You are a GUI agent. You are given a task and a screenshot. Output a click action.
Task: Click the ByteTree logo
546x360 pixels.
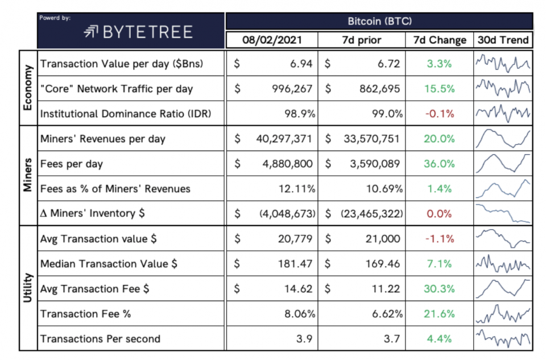139,32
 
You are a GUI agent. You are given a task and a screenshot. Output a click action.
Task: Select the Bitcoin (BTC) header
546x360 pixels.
379,21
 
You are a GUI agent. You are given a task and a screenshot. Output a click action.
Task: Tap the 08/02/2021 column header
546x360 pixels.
272,40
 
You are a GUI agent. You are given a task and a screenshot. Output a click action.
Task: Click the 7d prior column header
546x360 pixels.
362,40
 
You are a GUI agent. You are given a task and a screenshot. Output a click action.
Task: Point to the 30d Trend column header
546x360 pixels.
503,40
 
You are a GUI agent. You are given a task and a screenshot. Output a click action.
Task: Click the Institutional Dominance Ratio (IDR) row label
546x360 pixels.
126,114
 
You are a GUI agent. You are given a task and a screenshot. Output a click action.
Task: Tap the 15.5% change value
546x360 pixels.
440,89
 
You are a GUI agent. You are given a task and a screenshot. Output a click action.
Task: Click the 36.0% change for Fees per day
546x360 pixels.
440,164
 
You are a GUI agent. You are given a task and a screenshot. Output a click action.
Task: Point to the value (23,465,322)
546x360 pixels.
373,214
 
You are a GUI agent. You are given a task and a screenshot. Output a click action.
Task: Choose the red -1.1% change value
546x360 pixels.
440,239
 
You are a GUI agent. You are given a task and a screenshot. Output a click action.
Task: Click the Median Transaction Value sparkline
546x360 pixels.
503,263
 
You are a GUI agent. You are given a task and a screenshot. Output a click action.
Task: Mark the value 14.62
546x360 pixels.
299,289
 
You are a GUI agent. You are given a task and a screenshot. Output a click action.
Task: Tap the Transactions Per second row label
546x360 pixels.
100,339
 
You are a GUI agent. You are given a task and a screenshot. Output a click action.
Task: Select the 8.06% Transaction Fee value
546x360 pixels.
300,314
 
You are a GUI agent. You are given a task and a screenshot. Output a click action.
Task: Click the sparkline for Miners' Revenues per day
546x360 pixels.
503,139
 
